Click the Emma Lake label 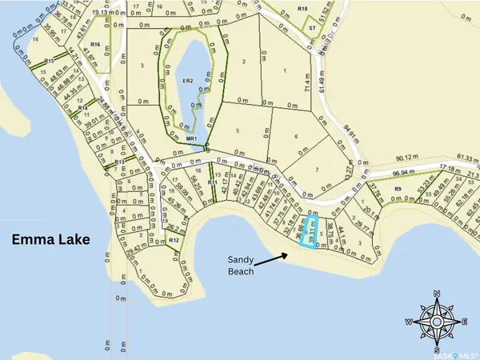click(x=47, y=240)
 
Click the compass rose click(x=436, y=322)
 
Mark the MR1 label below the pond click(x=191, y=138)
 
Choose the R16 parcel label click(x=95, y=45)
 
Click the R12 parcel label click(x=174, y=240)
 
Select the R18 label click(x=302, y=8)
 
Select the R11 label click(x=212, y=183)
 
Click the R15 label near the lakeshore click(x=49, y=61)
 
